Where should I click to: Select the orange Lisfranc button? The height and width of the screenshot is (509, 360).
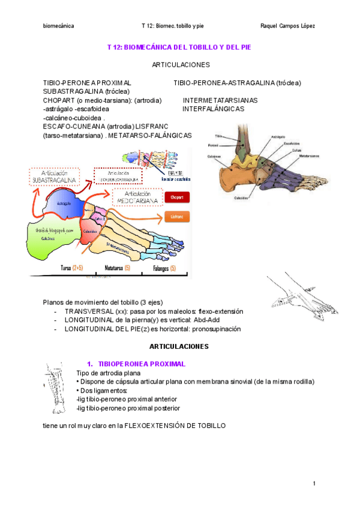coord(176,216)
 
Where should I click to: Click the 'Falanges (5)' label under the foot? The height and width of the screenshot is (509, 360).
coord(164,268)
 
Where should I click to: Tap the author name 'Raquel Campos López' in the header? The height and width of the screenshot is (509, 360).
coord(289,26)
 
